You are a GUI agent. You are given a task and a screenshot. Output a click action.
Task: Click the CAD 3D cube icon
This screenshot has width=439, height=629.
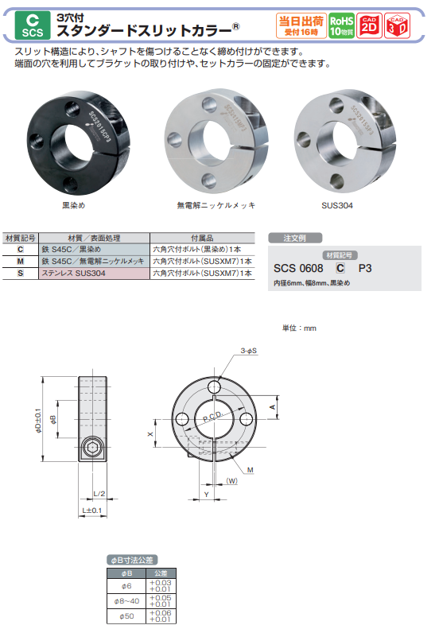(400, 26)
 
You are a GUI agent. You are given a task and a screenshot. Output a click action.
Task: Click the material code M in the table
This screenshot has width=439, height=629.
(20, 261)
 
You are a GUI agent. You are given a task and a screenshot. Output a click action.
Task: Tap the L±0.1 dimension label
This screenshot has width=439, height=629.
(91, 510)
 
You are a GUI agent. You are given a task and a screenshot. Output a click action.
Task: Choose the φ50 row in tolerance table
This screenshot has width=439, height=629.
(125, 615)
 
